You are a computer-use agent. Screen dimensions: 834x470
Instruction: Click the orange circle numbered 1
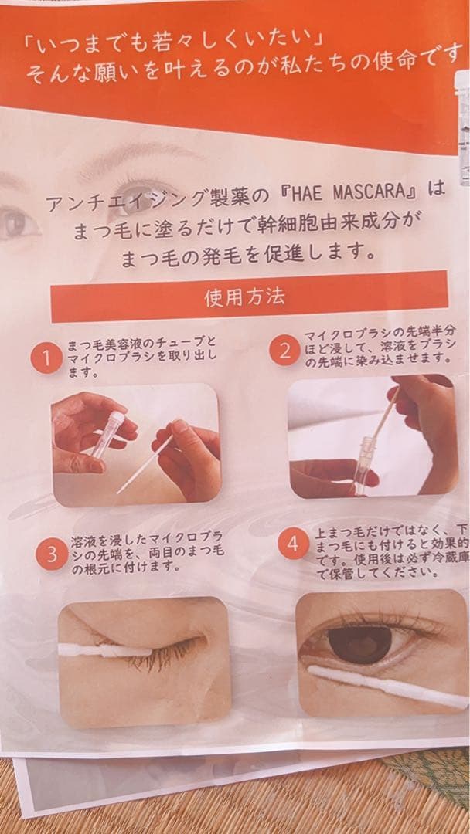[x=46, y=358]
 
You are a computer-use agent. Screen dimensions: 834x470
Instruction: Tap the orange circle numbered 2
[x=284, y=351]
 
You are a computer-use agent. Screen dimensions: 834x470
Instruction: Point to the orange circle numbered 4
[x=293, y=544]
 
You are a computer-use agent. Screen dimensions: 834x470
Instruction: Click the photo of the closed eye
[x=144, y=661]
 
